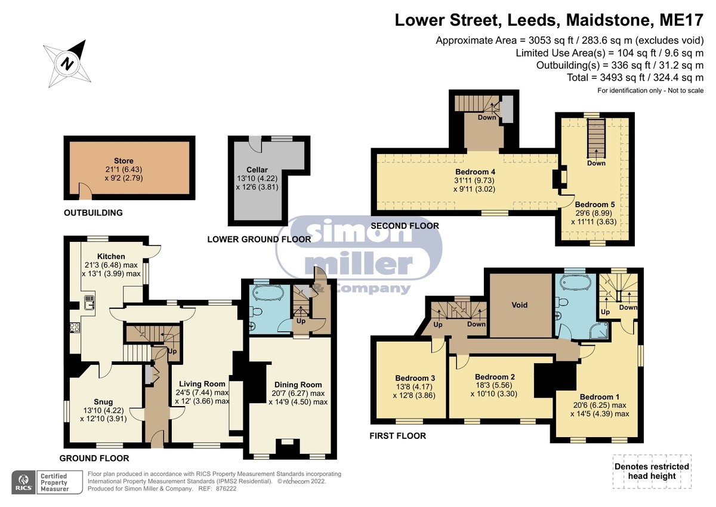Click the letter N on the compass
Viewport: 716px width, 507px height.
pyautogui.click(x=67, y=63)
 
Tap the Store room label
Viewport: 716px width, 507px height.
pyautogui.click(x=124, y=161)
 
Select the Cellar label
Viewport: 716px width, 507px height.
pyautogui.click(x=257, y=170)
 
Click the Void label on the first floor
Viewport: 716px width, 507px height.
pyautogui.click(x=520, y=305)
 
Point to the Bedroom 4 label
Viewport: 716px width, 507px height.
pyautogui.click(x=476, y=172)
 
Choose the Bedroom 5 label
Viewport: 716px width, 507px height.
pyautogui.click(x=595, y=204)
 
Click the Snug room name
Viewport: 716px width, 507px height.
pyautogui.click(x=103, y=402)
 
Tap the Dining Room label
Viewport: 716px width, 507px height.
pyautogui.click(x=298, y=385)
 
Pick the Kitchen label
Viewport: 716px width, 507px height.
pyautogui.click(x=111, y=256)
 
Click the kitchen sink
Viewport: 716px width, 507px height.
pyautogui.click(x=89, y=302)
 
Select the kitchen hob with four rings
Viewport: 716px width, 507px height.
pyautogui.click(x=75, y=328)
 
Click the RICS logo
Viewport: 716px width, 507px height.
pyautogui.click(x=24, y=482)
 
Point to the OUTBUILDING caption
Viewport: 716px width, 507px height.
pyautogui.click(x=93, y=213)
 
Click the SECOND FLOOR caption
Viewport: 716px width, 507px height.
pyautogui.click(x=405, y=226)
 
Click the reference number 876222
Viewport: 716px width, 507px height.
pyautogui.click(x=226, y=488)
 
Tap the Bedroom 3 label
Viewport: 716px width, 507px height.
pyautogui.click(x=415, y=378)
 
